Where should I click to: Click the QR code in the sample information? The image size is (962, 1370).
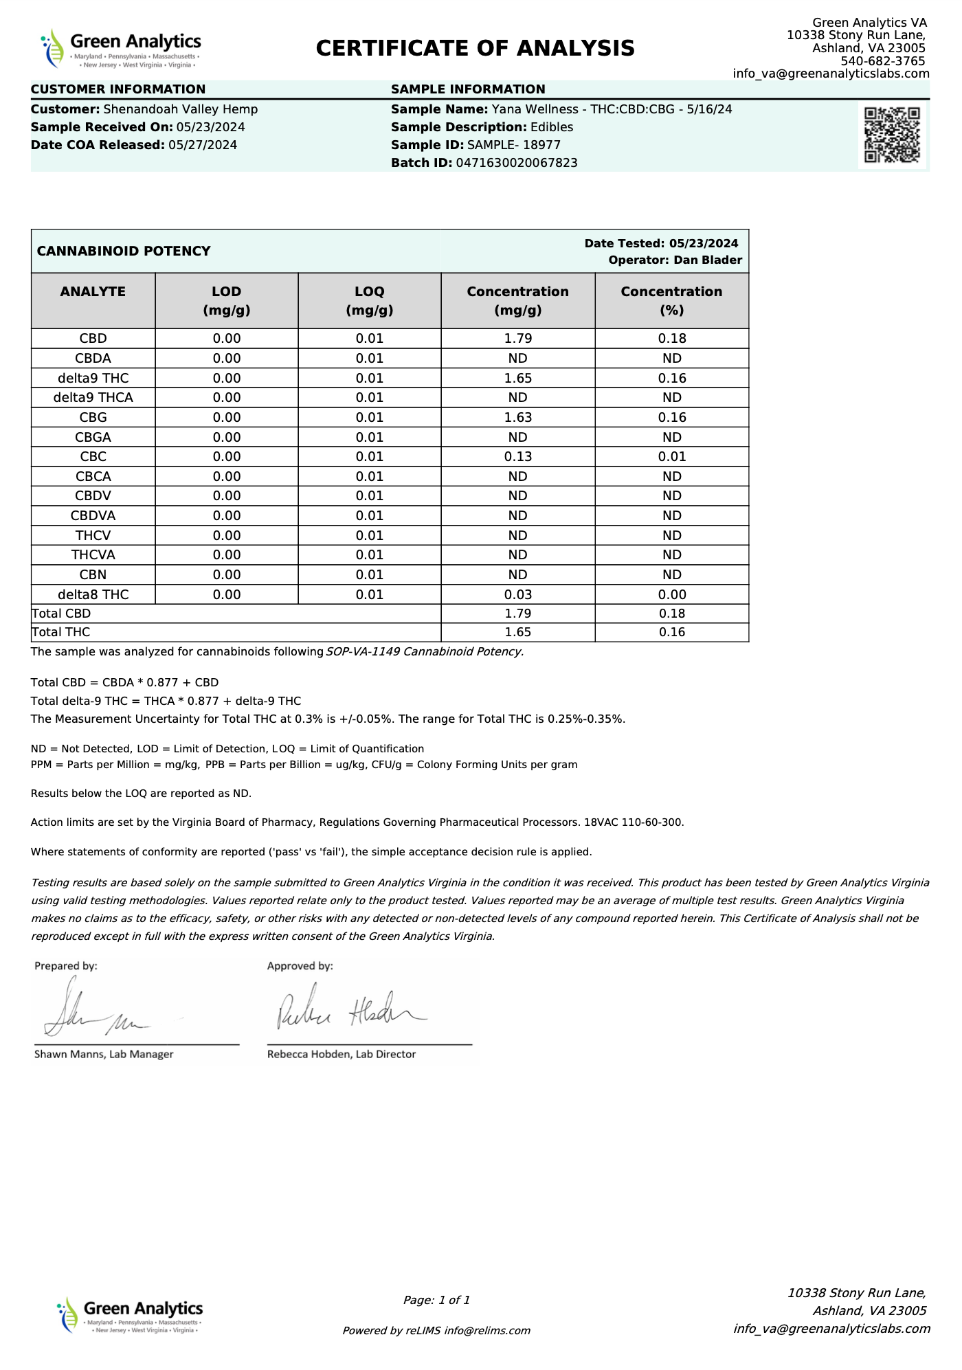point(892,135)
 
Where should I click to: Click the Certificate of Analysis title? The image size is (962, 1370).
point(476,48)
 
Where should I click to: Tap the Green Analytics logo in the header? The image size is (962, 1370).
point(122,49)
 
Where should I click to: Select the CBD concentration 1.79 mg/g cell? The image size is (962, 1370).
point(517,338)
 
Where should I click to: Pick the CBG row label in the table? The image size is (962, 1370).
point(93,417)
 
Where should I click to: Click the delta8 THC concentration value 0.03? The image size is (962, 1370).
point(517,594)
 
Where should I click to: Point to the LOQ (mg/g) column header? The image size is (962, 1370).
point(369,301)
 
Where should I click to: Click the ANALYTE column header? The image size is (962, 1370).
point(93,292)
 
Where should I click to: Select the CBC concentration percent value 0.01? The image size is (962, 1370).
point(671,456)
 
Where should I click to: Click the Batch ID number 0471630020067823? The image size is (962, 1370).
point(517,163)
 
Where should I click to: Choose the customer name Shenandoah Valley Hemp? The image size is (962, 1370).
point(181,109)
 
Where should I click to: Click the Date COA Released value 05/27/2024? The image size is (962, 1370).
point(203,145)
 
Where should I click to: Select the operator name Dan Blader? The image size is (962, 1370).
point(708,260)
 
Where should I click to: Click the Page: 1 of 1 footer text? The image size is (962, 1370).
point(436,1300)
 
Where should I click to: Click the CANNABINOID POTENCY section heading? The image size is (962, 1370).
point(124,251)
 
